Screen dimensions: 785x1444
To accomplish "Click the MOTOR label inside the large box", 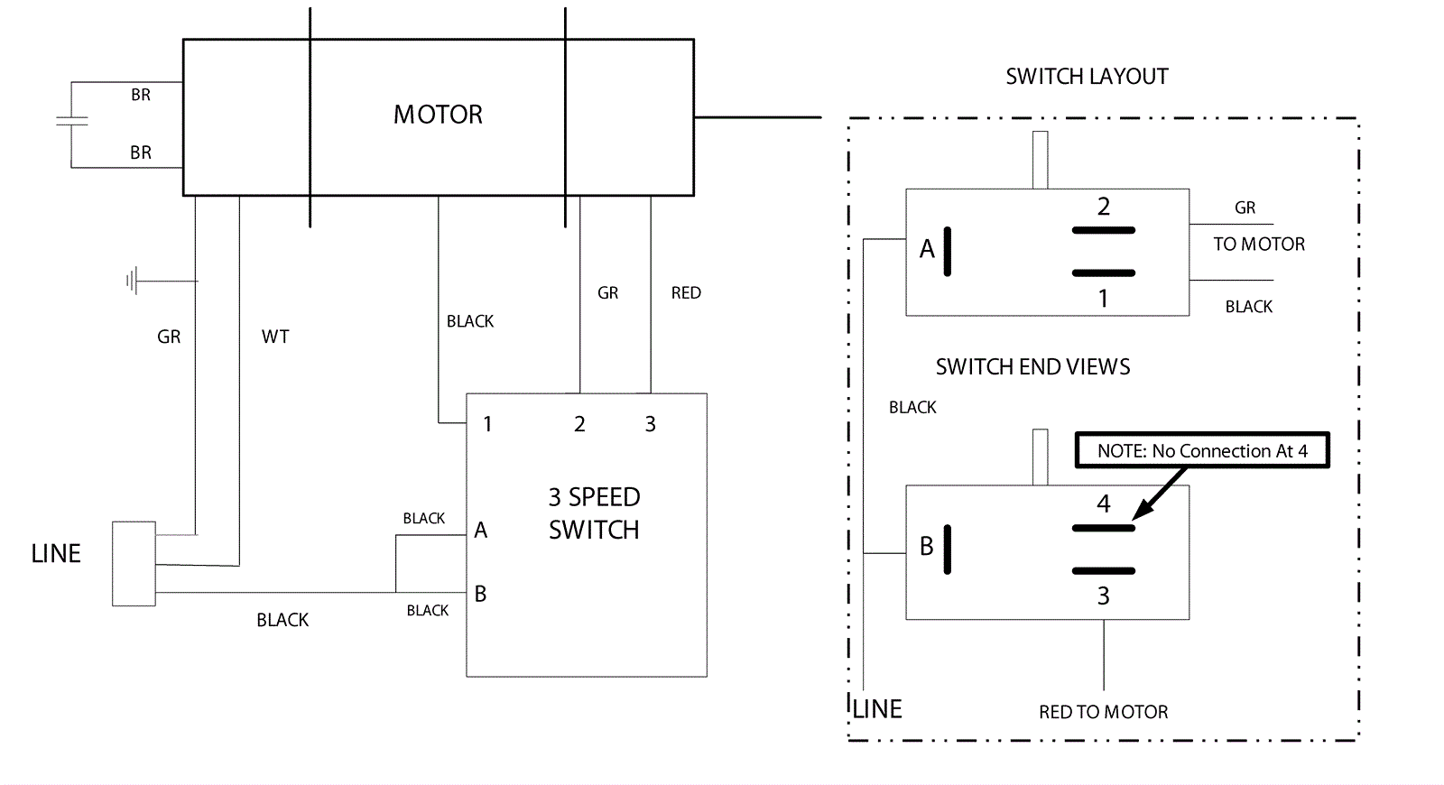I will (438, 115).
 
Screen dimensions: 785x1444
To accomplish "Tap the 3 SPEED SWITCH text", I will (594, 513).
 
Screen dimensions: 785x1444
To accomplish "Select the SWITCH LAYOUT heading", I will (1087, 77).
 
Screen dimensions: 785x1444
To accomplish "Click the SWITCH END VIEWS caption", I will (1032, 367).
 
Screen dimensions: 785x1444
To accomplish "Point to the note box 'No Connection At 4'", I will (1202, 450).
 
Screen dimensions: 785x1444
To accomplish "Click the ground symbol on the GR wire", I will (133, 282).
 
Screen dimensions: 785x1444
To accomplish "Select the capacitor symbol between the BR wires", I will (71, 121).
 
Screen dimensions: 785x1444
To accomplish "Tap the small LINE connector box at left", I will (134, 563).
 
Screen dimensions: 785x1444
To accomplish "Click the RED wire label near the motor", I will (686, 293).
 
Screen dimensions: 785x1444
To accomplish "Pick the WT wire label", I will (275, 337).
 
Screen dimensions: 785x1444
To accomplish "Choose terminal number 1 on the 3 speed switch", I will (487, 424).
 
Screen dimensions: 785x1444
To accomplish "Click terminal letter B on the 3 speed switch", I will (480, 594).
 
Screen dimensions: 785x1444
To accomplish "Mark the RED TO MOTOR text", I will (1103, 712).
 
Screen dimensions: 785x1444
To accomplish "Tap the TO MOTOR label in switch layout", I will (1259, 245).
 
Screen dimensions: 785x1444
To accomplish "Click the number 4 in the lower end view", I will (1103, 503).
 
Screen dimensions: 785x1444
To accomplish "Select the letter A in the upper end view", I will (927, 249).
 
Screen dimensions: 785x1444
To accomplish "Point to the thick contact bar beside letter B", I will (948, 549).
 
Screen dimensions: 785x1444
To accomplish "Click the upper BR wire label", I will (141, 95).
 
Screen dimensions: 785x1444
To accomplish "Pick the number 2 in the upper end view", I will (1103, 207).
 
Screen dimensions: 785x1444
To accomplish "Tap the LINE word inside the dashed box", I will (877, 709).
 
